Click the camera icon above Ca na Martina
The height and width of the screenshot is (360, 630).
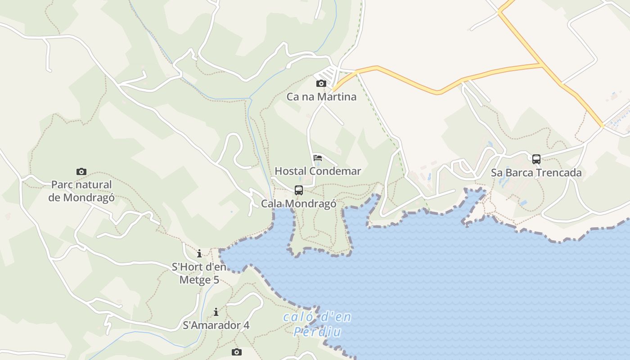(x=321, y=83)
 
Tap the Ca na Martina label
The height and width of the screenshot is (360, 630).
(x=321, y=97)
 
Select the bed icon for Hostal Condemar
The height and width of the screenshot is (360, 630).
(x=318, y=157)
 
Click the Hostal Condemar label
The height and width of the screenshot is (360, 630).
(x=318, y=171)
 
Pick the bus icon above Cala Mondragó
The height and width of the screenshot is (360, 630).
(x=299, y=190)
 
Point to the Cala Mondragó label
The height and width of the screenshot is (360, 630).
(x=299, y=204)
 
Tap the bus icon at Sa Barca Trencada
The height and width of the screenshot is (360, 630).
(x=536, y=159)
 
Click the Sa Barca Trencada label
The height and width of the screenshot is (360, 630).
(x=536, y=173)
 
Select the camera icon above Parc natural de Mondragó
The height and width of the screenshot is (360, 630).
(x=81, y=171)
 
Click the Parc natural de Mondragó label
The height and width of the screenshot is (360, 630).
(x=81, y=191)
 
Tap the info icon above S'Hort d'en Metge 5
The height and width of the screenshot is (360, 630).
(x=199, y=254)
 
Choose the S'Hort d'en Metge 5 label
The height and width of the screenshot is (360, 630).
(x=199, y=274)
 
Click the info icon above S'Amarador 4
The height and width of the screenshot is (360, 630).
(x=216, y=312)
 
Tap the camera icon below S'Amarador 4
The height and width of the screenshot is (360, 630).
(x=237, y=352)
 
